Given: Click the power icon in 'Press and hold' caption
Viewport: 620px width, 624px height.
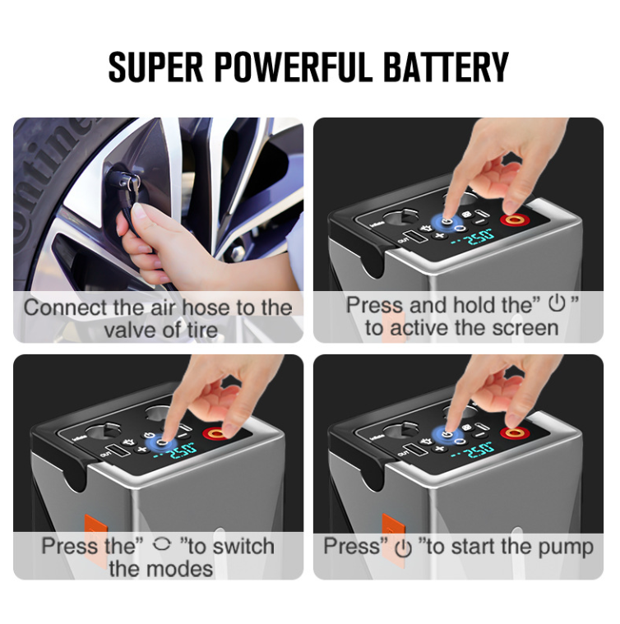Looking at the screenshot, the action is [557, 303].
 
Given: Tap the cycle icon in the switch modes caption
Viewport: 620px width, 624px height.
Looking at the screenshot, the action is [162, 543].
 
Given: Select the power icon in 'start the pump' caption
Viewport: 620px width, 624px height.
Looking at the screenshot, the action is [403, 548].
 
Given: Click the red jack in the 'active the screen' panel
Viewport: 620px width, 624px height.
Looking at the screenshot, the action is [514, 220].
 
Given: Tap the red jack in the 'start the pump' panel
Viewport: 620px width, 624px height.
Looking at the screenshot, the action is [514, 432].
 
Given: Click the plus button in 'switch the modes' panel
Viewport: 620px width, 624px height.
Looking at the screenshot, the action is [142, 449].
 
